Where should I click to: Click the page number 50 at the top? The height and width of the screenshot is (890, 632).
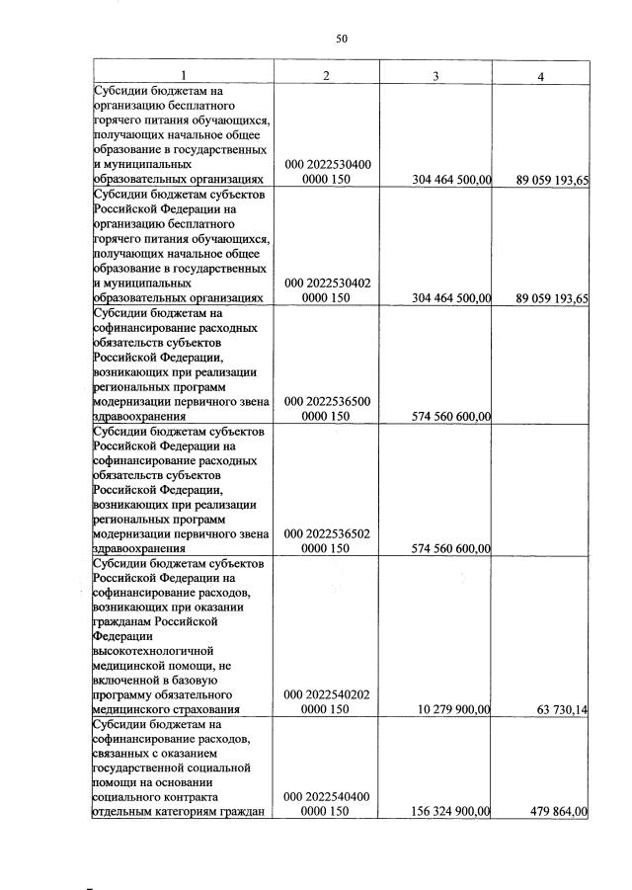[x=342, y=39]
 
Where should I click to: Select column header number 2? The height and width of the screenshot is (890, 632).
[x=327, y=76]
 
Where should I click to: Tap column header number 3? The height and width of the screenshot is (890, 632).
[x=435, y=76]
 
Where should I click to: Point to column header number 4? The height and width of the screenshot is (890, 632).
[x=541, y=76]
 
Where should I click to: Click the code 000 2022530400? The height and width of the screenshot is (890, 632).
[x=327, y=164]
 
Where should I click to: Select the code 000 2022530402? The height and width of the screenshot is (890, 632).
[x=327, y=283]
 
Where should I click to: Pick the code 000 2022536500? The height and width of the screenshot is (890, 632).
[x=327, y=402]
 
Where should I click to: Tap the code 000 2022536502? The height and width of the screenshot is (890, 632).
[x=327, y=533]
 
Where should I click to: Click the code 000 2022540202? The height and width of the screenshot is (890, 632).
[x=327, y=694]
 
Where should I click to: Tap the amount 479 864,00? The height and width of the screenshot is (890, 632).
[x=553, y=811]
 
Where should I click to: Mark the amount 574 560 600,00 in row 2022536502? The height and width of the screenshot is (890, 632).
[x=449, y=548]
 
